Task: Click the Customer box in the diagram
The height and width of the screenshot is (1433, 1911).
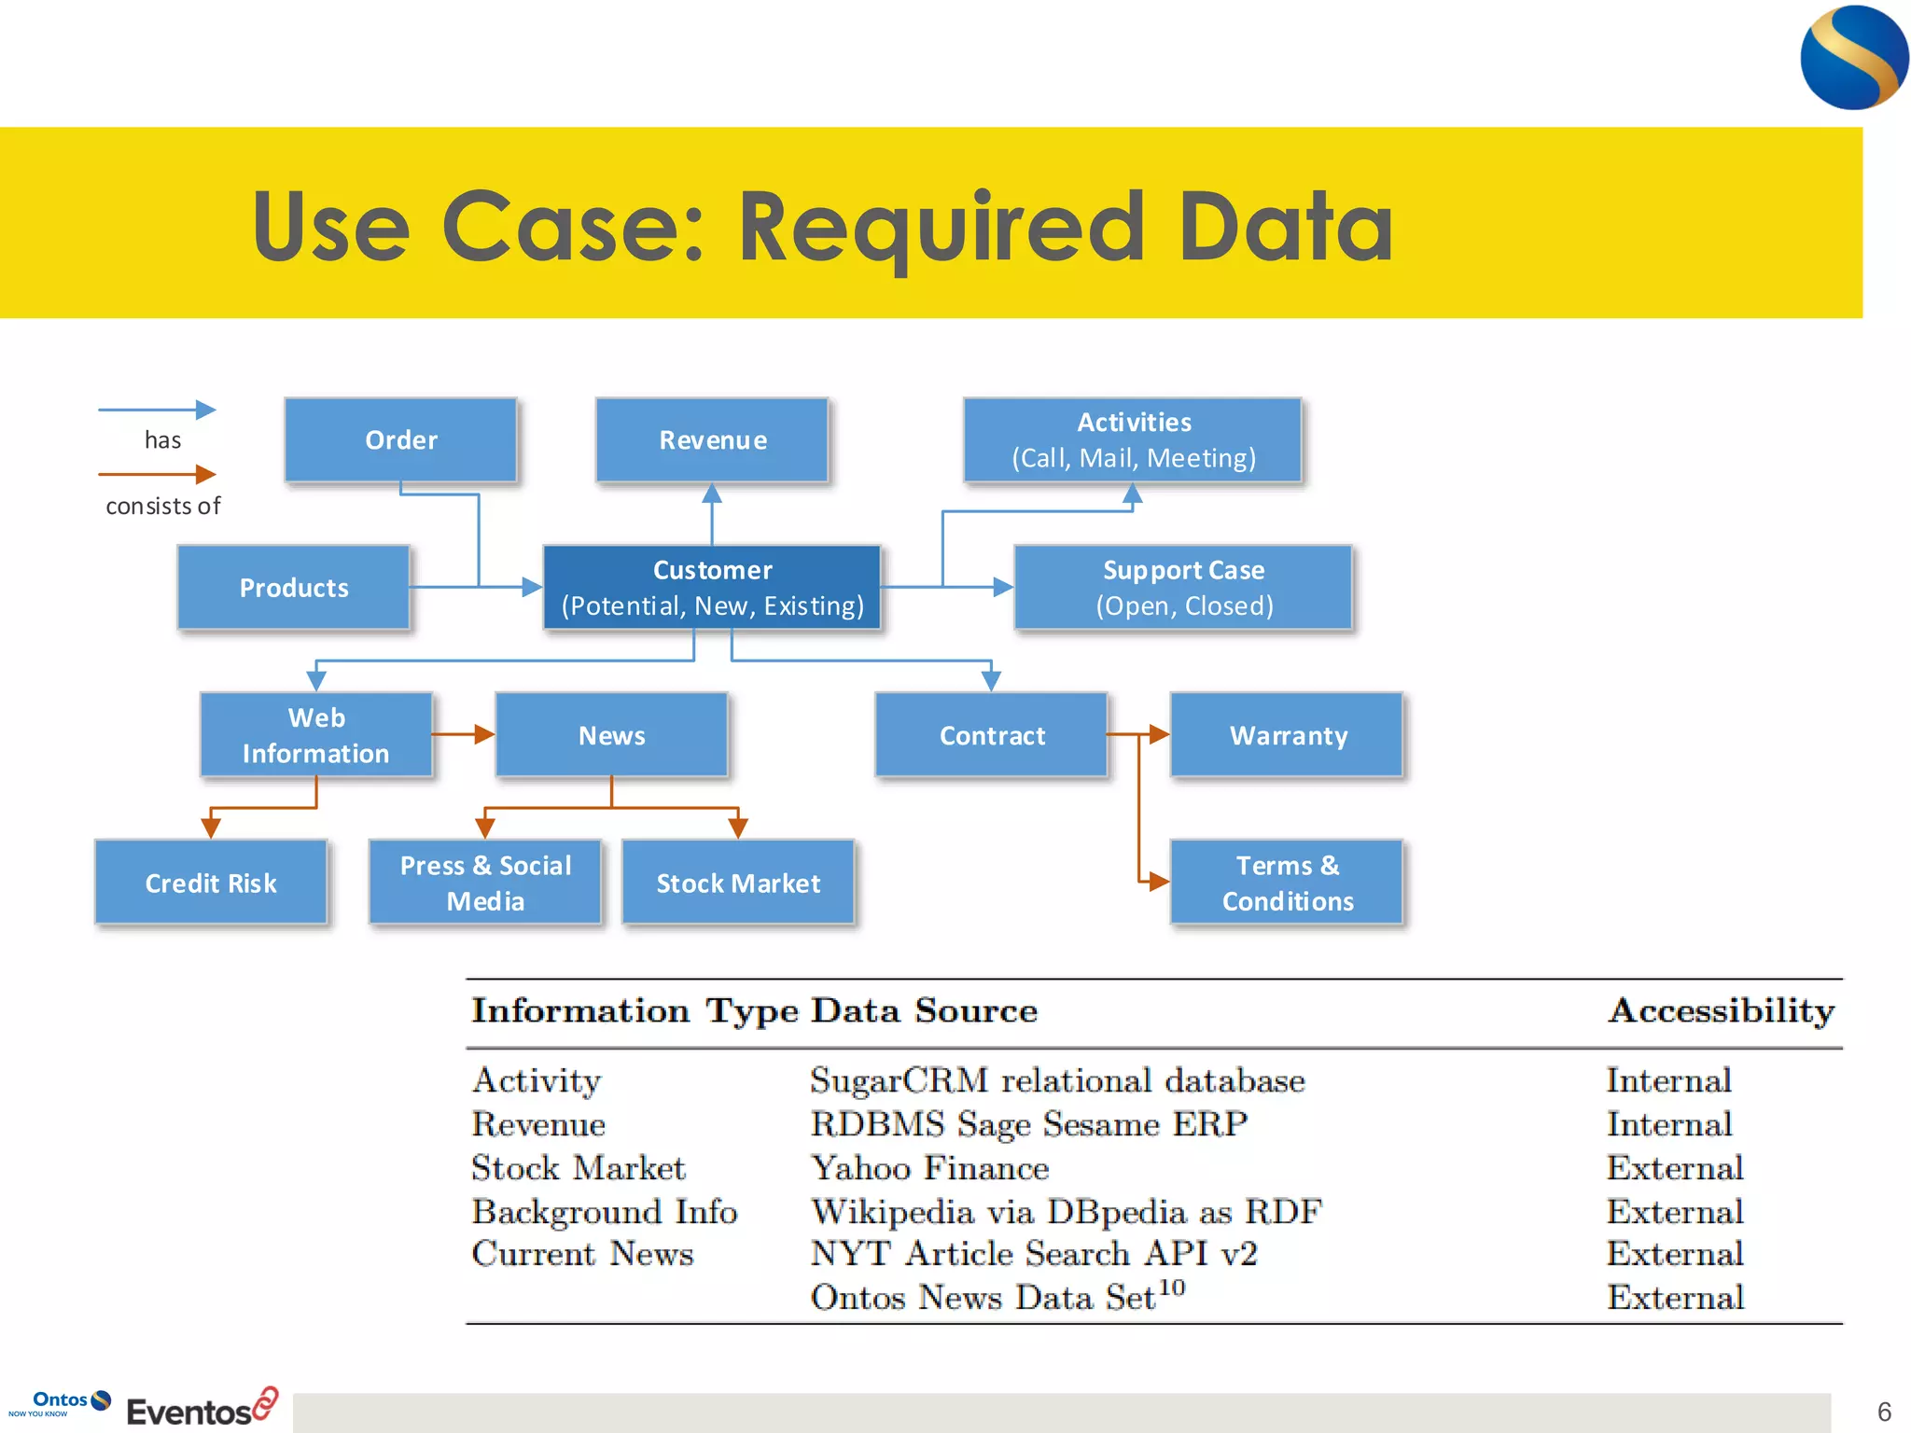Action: click(x=712, y=588)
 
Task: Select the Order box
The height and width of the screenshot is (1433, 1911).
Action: click(x=400, y=439)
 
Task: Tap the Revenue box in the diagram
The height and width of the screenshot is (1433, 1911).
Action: click(x=712, y=439)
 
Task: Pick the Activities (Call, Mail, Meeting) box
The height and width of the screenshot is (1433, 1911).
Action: click(x=1133, y=439)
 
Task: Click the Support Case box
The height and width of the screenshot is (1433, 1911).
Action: click(x=1183, y=588)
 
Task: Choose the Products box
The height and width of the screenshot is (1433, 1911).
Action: click(x=294, y=588)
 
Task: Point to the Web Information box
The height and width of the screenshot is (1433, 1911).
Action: click(x=316, y=735)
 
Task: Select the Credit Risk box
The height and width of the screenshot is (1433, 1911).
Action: click(x=211, y=883)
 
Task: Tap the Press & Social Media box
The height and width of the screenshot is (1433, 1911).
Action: click(x=485, y=883)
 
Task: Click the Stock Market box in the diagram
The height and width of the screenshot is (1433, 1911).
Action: click(x=738, y=883)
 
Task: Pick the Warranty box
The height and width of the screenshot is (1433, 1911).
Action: click(x=1288, y=735)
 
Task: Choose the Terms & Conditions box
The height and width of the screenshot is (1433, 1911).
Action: click(x=1288, y=883)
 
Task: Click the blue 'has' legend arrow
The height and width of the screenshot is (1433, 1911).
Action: click(x=157, y=410)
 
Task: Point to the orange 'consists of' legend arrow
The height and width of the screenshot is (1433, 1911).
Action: click(x=157, y=475)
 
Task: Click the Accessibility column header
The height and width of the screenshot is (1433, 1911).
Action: click(x=1721, y=1011)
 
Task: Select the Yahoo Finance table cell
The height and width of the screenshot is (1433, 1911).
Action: click(x=929, y=1168)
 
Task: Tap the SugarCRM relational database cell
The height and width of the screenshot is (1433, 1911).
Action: click(x=1057, y=1080)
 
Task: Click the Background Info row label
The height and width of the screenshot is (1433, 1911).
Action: click(x=605, y=1212)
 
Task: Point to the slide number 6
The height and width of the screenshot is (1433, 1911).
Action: click(x=1884, y=1412)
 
